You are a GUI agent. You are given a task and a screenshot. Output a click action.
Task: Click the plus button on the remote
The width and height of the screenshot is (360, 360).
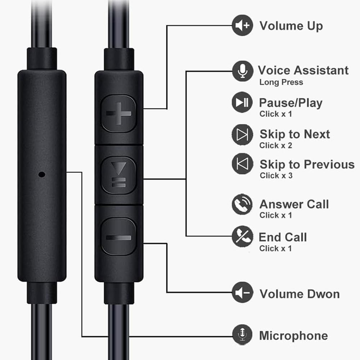pos(118,113)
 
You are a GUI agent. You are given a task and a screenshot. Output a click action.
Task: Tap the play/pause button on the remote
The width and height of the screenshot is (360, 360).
pos(118,175)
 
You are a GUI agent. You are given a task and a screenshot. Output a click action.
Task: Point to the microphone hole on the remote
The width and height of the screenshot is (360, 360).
pos(42,175)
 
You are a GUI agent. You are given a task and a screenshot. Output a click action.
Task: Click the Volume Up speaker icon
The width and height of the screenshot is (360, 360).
pos(242,25)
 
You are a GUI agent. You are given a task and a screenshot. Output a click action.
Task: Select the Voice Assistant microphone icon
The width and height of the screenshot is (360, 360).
pos(242,71)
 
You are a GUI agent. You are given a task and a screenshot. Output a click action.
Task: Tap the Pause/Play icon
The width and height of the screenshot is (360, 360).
pos(242,103)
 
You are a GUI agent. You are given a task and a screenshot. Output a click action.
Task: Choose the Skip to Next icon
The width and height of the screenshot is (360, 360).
pos(242,134)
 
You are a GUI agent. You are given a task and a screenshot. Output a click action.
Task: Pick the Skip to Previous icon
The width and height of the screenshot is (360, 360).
pos(242,164)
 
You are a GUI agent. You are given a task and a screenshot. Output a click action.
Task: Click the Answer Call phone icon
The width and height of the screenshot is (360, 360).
pos(242,204)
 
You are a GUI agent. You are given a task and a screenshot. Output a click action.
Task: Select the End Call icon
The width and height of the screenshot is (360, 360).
pos(242,237)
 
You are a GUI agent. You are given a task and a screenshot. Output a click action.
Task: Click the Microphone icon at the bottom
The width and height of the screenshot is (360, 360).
pos(242,334)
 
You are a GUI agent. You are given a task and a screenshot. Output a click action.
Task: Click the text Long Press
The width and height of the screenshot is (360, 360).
pos(281,82)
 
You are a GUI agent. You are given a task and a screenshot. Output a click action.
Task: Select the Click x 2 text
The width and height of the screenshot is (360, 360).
pos(275,145)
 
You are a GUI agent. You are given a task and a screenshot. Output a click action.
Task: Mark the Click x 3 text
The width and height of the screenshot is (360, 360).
pos(276,175)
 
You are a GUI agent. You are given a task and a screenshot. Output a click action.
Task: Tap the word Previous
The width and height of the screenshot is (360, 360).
pos(328,164)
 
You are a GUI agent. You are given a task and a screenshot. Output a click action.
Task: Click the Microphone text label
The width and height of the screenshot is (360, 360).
pos(293,336)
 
